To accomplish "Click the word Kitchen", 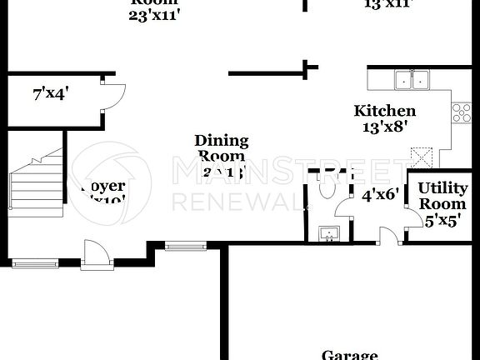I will coord(384,111).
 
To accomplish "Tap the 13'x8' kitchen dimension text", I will coord(384,127).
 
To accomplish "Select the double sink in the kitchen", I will coord(411,81).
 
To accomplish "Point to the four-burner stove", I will coord(461,112).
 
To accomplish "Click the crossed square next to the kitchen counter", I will coord(422,156).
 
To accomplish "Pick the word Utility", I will coord(442,187).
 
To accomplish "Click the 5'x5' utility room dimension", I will coord(442,222).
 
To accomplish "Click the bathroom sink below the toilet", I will coord(330,234).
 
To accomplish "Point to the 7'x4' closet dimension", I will coord(50,94).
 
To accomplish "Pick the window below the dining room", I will coord(178,246).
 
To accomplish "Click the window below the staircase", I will coord(35,262).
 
